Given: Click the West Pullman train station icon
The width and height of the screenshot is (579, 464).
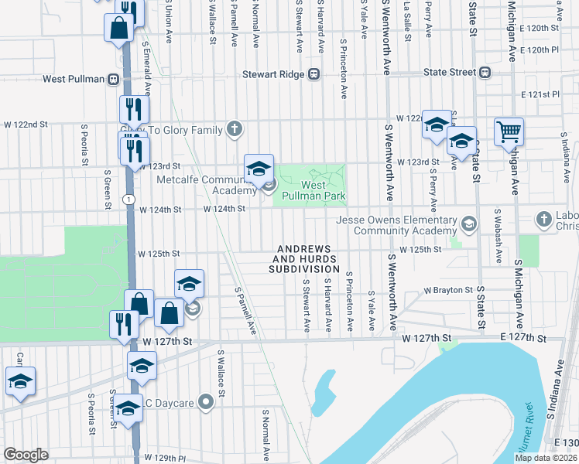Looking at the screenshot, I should (x=113, y=79).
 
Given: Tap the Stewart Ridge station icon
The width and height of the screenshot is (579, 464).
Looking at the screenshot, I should (x=313, y=74).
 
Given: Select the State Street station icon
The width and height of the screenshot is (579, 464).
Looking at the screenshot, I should (x=485, y=73).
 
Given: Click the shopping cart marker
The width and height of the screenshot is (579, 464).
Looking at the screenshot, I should (x=509, y=131).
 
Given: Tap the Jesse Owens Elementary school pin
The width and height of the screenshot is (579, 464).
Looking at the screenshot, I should (x=468, y=225).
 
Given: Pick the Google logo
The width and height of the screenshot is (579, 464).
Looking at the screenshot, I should (x=26, y=455).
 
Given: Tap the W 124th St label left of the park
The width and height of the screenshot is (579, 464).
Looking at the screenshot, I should (x=224, y=209).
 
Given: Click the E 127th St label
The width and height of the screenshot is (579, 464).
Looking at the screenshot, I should (x=522, y=338).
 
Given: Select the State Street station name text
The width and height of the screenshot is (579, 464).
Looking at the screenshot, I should (x=449, y=73).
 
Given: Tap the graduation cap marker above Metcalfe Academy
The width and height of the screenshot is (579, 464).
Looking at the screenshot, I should (x=259, y=167).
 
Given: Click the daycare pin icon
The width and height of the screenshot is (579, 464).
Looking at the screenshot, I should (x=205, y=401).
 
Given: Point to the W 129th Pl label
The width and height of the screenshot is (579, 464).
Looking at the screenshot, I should (x=166, y=458).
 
